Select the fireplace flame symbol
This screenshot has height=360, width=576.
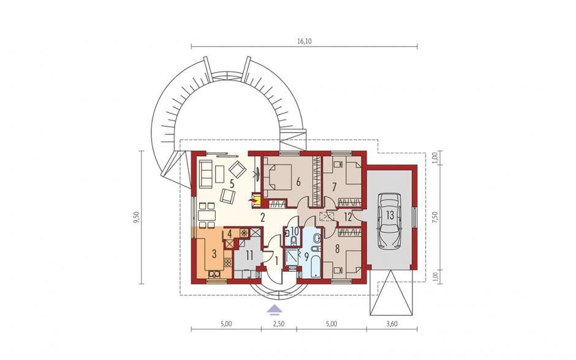click(x=252, y=200)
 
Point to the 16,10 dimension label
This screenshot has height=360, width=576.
click(x=304, y=42)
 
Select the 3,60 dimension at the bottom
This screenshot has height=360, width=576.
click(x=392, y=324)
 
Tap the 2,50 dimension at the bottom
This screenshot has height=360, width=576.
click(x=279, y=324)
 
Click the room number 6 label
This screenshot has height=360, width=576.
click(x=298, y=182)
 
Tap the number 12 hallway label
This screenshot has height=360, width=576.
click(x=348, y=217)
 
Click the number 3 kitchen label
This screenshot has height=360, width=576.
click(x=214, y=253)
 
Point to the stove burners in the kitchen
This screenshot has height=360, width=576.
click(x=227, y=262)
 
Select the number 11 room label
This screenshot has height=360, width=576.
click(x=249, y=255)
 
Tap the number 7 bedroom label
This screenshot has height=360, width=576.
click(x=334, y=187)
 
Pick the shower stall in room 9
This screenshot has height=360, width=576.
click(x=293, y=259)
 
